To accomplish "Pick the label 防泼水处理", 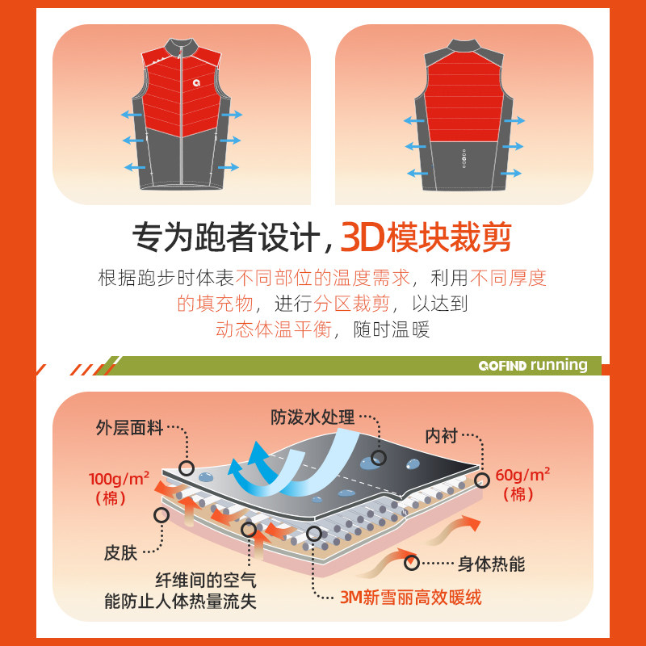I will pos(313,417).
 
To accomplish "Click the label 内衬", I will pos(442,435).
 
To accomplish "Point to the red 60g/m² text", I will pos(522,474).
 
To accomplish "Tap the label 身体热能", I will pos(491,564).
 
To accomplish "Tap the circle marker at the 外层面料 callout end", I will pos(187,467).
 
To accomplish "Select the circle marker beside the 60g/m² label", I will pos(483,480).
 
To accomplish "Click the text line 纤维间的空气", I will pos(205,581).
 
